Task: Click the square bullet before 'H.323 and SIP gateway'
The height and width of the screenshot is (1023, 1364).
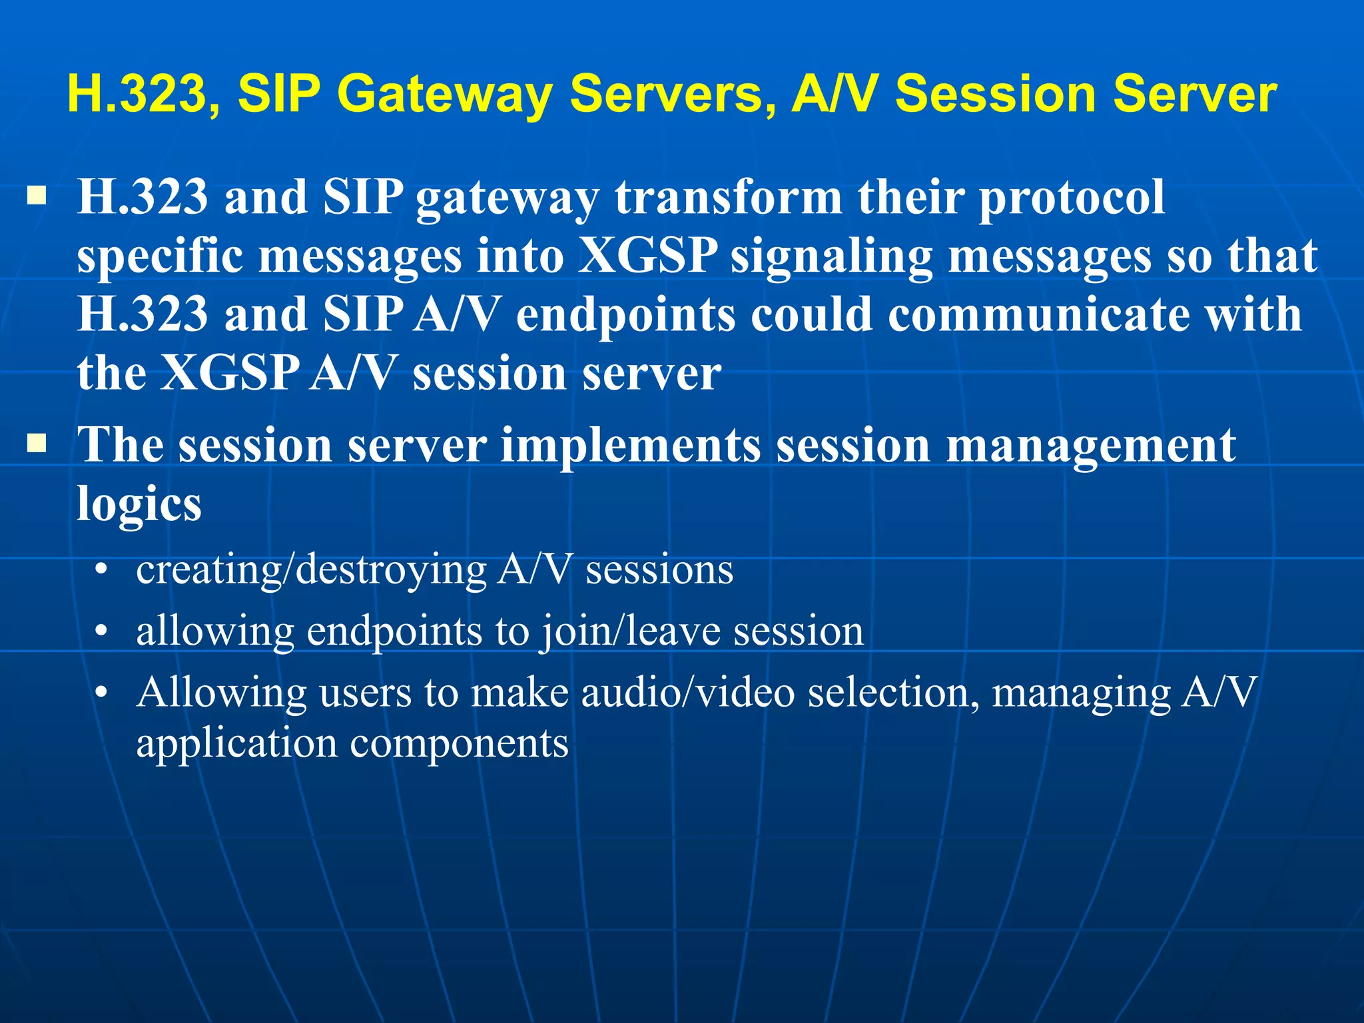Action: [x=37, y=196]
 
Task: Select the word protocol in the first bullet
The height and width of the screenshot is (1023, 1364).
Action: [x=1072, y=198]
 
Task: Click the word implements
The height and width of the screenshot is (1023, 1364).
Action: [x=630, y=445]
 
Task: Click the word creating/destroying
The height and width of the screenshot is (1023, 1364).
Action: [x=310, y=571]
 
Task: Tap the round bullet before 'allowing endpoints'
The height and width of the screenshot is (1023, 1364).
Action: [x=101, y=631]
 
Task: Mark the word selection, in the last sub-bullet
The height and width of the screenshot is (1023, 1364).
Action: [x=894, y=693]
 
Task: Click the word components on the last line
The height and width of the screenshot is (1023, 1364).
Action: [x=459, y=743]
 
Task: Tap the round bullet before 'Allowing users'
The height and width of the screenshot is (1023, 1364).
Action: [x=101, y=693]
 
